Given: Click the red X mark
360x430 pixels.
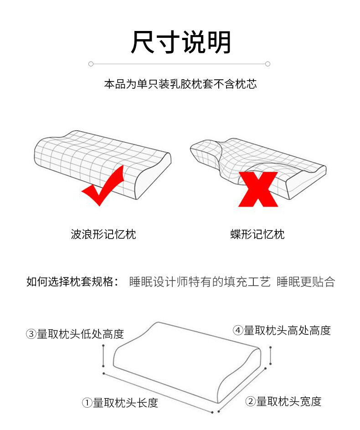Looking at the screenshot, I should [257, 189].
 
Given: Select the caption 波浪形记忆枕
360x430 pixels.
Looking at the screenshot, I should [103, 235].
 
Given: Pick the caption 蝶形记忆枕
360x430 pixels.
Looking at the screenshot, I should [257, 235].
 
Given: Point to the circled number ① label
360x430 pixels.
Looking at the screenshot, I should [87, 403].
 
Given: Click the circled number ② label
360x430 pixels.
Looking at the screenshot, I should [250, 402].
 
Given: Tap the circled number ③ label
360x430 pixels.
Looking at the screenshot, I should [31, 334].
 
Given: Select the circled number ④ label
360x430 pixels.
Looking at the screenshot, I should [238, 331].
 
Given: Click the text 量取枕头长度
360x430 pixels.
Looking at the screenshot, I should [125, 403].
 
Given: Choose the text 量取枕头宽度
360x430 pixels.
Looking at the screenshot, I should [288, 402].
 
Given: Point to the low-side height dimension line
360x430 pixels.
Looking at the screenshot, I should [104, 356].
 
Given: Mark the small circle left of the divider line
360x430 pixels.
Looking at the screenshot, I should [91, 64].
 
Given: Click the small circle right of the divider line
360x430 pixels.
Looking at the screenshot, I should [268, 64].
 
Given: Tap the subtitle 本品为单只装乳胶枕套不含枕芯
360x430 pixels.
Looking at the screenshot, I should [180, 84].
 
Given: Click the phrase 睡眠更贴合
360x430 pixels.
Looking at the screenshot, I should [305, 282].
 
